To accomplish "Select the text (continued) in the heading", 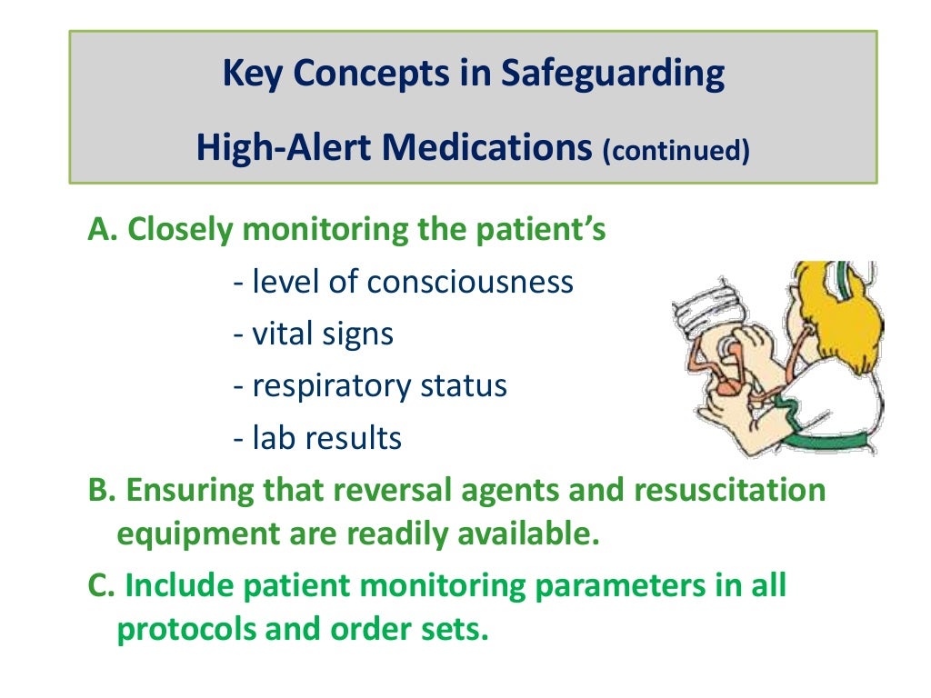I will [x=676, y=151].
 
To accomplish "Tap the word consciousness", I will [x=470, y=282].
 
